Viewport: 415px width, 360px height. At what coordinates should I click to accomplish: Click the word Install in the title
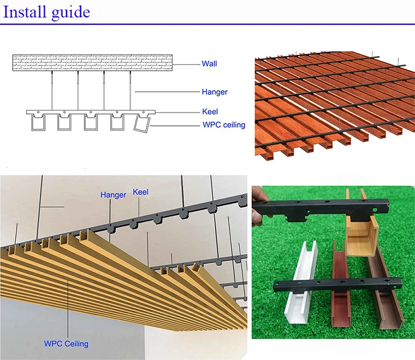(26, 11)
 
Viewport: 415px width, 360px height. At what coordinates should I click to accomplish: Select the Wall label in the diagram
(209, 64)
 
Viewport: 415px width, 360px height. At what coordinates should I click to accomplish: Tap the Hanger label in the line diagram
(215, 92)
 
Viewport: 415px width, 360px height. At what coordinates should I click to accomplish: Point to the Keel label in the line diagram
(210, 112)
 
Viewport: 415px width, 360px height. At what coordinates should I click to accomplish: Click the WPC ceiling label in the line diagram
(224, 125)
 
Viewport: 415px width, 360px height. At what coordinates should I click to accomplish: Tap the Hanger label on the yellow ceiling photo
(113, 195)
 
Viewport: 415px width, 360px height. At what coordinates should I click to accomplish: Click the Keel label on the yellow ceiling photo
(141, 193)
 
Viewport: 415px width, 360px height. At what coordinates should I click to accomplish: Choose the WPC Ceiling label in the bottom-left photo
(66, 343)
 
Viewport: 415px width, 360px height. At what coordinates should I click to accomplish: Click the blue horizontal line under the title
(207, 24)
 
